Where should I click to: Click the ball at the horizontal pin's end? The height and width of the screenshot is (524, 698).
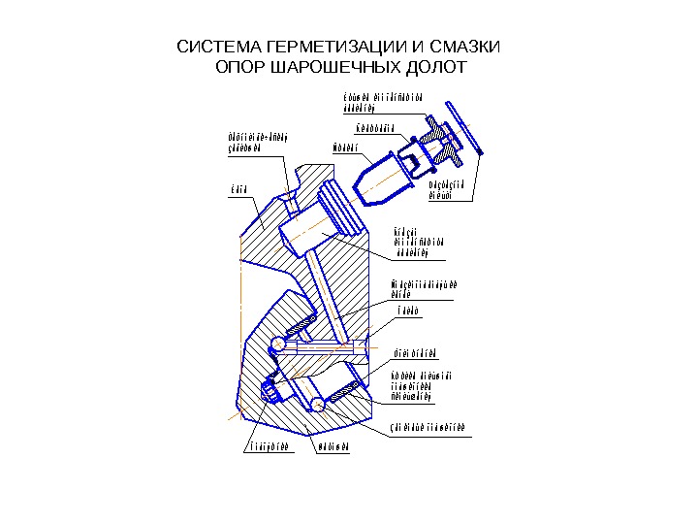[278, 344]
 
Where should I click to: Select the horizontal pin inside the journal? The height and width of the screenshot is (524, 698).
[325, 345]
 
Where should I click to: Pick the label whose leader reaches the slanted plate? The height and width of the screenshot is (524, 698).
[447, 190]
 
